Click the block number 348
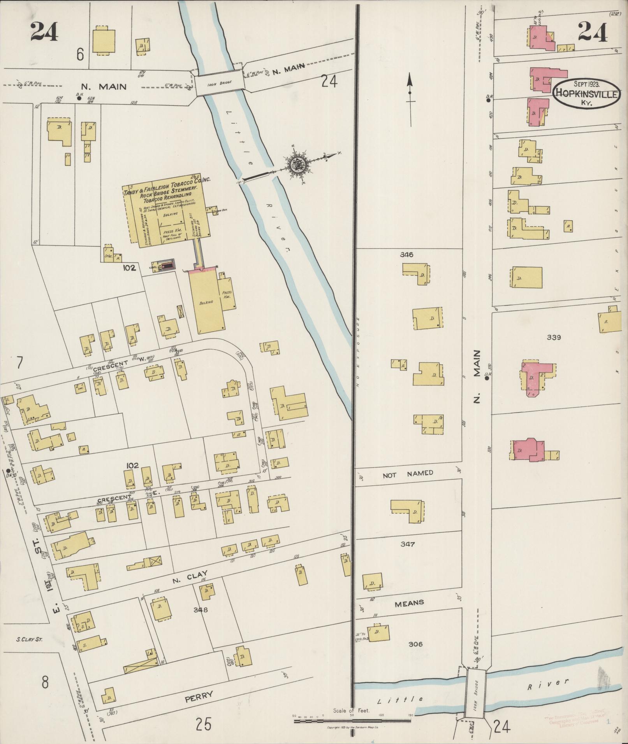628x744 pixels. point(201,609)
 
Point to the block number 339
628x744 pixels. point(553,337)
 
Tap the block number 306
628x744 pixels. point(415,644)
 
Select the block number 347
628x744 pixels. point(407,544)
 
